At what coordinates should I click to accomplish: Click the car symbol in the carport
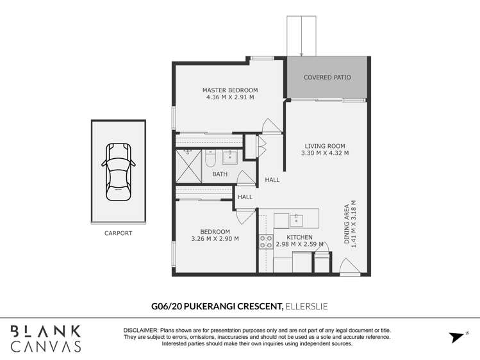(x=119, y=172)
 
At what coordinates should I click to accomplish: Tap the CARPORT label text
(x=118, y=233)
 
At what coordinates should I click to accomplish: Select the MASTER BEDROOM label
(x=230, y=90)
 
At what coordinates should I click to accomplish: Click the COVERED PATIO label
(x=327, y=78)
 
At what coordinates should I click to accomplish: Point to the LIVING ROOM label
(x=325, y=146)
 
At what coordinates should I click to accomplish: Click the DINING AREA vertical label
(x=347, y=224)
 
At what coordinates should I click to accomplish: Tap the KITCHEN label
(x=299, y=238)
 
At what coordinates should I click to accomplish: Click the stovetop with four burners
(x=266, y=242)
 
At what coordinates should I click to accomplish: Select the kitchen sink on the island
(x=296, y=220)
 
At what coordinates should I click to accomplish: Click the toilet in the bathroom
(x=210, y=158)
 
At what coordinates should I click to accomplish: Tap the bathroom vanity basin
(x=229, y=157)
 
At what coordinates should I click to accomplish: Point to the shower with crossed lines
(x=188, y=167)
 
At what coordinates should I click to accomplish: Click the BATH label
(x=220, y=174)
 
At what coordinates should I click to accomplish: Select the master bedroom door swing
(x=271, y=126)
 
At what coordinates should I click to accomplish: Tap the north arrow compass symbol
(x=458, y=336)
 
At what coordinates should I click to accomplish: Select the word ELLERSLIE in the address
(x=306, y=306)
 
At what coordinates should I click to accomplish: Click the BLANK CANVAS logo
(x=46, y=339)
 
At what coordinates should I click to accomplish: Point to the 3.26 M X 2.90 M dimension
(x=215, y=239)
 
